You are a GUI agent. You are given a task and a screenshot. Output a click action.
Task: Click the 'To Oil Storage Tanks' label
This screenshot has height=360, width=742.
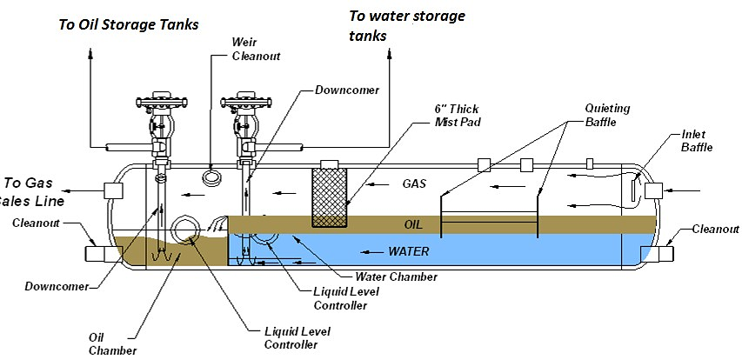click(129, 23)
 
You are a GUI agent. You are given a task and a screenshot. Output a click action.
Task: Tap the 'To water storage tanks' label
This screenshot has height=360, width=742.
click(406, 26)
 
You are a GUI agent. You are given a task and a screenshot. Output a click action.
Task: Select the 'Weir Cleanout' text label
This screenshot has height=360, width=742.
click(250, 48)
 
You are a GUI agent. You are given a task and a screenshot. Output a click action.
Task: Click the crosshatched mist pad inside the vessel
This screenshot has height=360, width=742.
click(331, 197)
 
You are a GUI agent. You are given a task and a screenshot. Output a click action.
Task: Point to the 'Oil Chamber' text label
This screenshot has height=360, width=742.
click(112, 343)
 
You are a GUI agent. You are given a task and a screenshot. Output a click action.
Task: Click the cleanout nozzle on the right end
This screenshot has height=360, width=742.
click(657, 253)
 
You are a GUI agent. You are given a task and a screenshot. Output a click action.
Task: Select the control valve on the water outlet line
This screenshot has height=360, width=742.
click(244, 114)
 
